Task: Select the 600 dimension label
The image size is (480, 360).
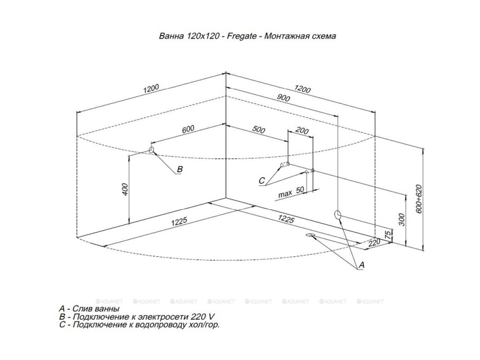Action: click(x=188, y=130)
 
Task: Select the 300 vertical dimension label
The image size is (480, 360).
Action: click(x=402, y=219)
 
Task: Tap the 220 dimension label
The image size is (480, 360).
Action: click(x=374, y=242)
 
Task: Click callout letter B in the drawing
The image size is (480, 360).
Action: click(x=179, y=169)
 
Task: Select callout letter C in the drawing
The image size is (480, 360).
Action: click(x=262, y=180)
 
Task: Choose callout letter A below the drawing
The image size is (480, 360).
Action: click(x=361, y=266)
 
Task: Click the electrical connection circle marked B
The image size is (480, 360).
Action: click(x=152, y=149)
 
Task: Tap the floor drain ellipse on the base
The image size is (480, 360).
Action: click(x=311, y=235)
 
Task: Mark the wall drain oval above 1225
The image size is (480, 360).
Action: click(x=338, y=214)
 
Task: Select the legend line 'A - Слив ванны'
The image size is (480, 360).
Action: click(x=89, y=309)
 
